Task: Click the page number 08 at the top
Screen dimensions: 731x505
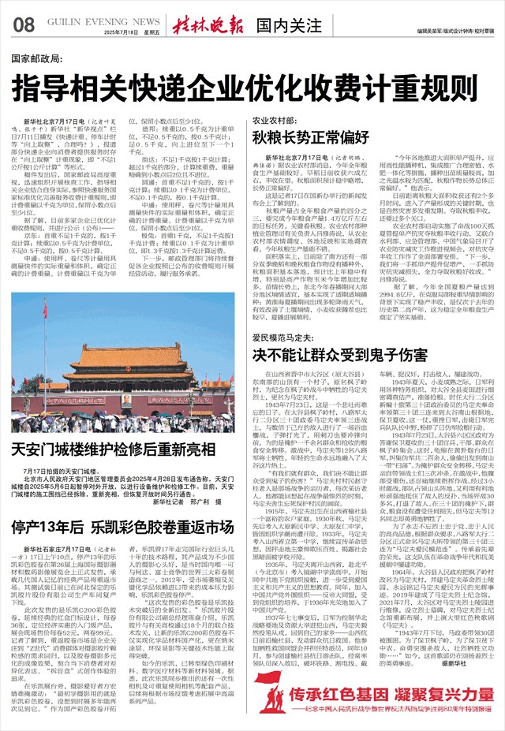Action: point(23,24)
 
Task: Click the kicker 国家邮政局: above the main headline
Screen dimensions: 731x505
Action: point(38,59)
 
